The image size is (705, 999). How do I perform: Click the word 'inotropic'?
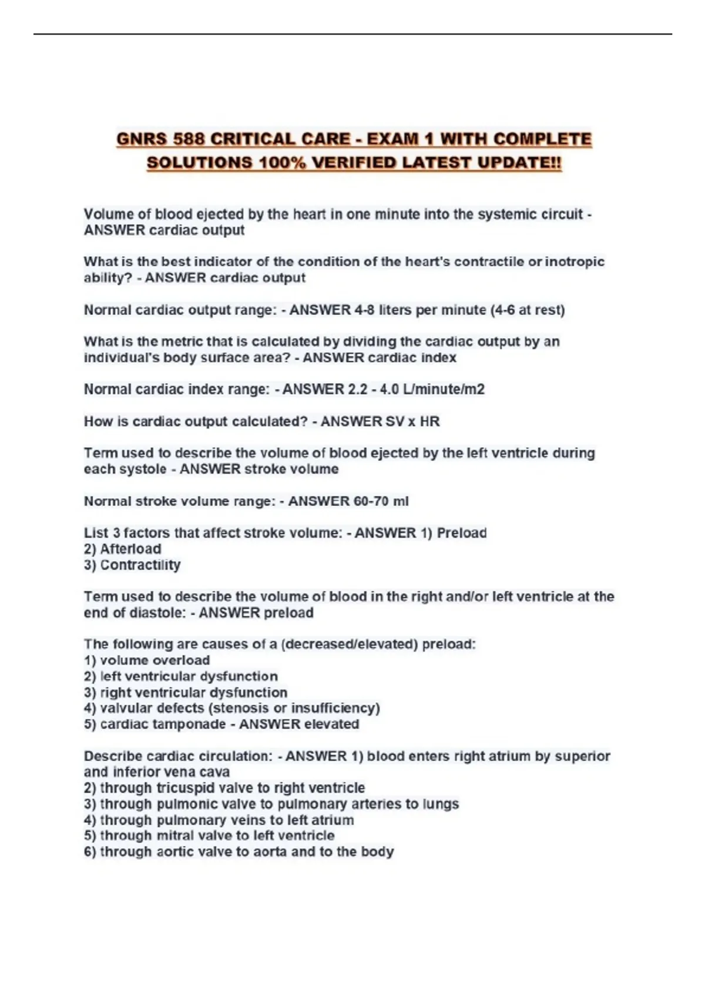click(575, 262)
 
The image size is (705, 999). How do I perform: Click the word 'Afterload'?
click(130, 549)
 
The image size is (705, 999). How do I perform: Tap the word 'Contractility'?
click(140, 565)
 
